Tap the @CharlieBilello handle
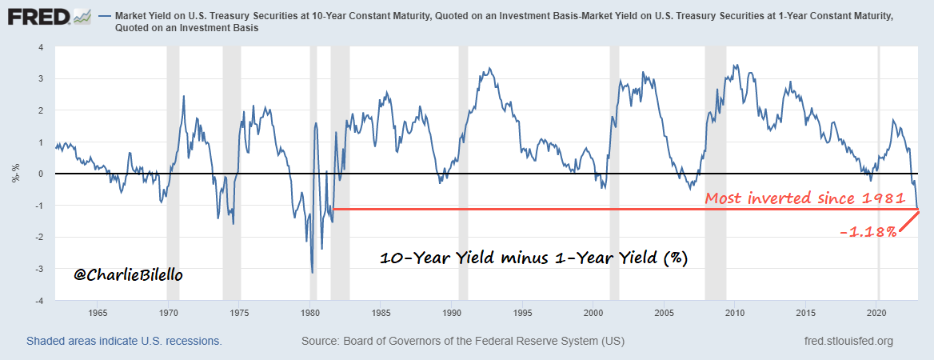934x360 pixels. (x=128, y=275)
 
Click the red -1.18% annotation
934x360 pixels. (x=868, y=232)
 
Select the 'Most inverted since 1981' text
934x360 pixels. (x=809, y=198)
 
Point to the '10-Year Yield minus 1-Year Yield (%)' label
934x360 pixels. (x=533, y=258)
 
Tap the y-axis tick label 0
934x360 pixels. (x=40, y=174)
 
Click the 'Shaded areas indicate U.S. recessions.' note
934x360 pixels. (x=124, y=341)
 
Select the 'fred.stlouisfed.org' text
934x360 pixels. (x=849, y=342)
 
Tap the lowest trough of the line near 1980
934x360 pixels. (x=312, y=273)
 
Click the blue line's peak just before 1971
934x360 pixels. (x=184, y=96)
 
